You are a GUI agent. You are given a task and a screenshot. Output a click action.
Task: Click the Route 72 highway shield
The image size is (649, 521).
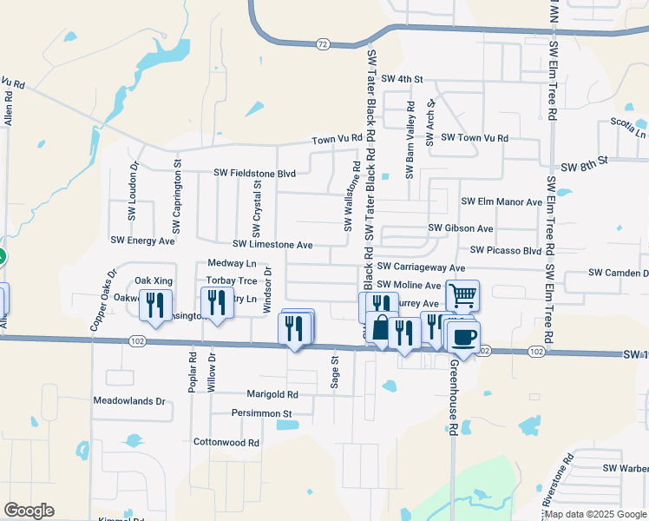[x=322, y=43]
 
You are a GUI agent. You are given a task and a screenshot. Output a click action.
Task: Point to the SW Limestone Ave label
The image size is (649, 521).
[x=272, y=246]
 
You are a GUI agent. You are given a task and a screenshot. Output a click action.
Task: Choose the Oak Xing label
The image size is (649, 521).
[x=154, y=280]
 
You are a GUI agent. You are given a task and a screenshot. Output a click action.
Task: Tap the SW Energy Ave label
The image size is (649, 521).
[x=143, y=240]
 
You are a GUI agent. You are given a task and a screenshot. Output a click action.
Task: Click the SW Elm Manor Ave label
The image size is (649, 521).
[x=501, y=202]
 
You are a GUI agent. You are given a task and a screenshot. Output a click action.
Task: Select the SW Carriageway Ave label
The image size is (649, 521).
[x=422, y=268]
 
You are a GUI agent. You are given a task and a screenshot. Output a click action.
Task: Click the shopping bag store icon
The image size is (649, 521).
[x=381, y=327]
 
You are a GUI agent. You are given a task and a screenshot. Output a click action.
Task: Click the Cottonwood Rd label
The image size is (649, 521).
[x=226, y=442]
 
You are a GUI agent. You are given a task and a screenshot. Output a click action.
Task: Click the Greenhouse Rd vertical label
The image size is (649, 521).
[x=453, y=395]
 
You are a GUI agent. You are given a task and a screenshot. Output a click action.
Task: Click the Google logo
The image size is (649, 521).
[x=29, y=511]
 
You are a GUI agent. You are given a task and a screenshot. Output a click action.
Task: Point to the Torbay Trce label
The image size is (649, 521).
[x=232, y=281]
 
